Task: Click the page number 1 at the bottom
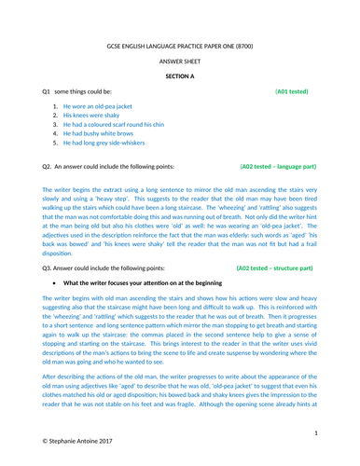point(317,433)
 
